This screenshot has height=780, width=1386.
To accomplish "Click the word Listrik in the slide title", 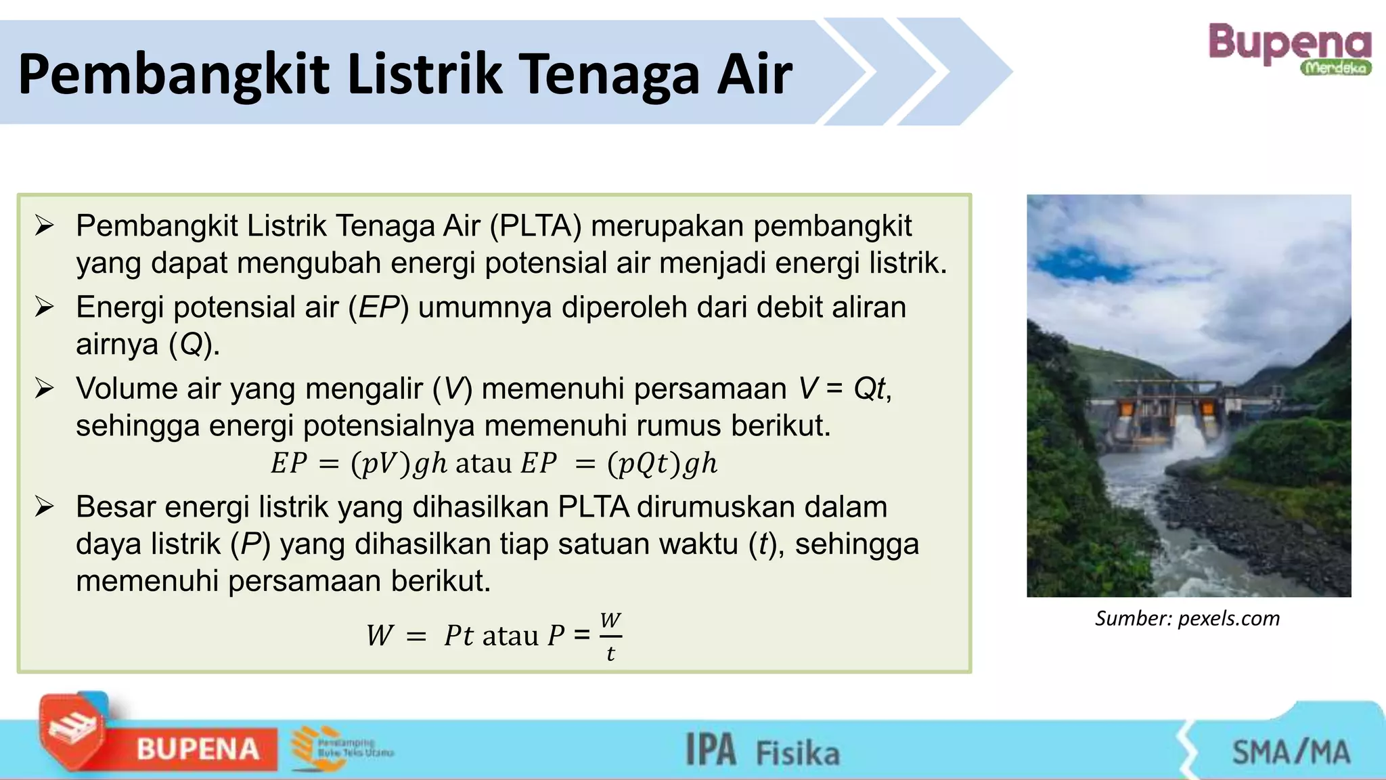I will coord(424,74).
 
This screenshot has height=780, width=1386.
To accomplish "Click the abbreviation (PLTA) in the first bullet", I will coord(535,226).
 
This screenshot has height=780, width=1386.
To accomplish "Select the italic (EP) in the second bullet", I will coord(378,307).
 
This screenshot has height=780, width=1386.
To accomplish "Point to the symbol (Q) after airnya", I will coord(192,345).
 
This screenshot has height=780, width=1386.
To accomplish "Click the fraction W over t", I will coord(610,636).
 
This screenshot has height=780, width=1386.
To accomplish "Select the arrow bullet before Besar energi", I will coord(45,506).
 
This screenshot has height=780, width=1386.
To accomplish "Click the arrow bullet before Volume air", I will coord(45,389).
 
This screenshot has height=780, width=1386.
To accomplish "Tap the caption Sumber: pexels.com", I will coord(1187,618).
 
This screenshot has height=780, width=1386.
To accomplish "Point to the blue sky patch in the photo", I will coord(1069,264).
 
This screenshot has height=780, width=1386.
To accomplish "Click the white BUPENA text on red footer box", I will coord(198,750).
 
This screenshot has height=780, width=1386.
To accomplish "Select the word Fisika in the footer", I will coord(797,754).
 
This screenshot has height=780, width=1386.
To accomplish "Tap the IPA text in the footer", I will coord(711,750).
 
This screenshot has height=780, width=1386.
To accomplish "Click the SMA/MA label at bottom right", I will coord(1291,752).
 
